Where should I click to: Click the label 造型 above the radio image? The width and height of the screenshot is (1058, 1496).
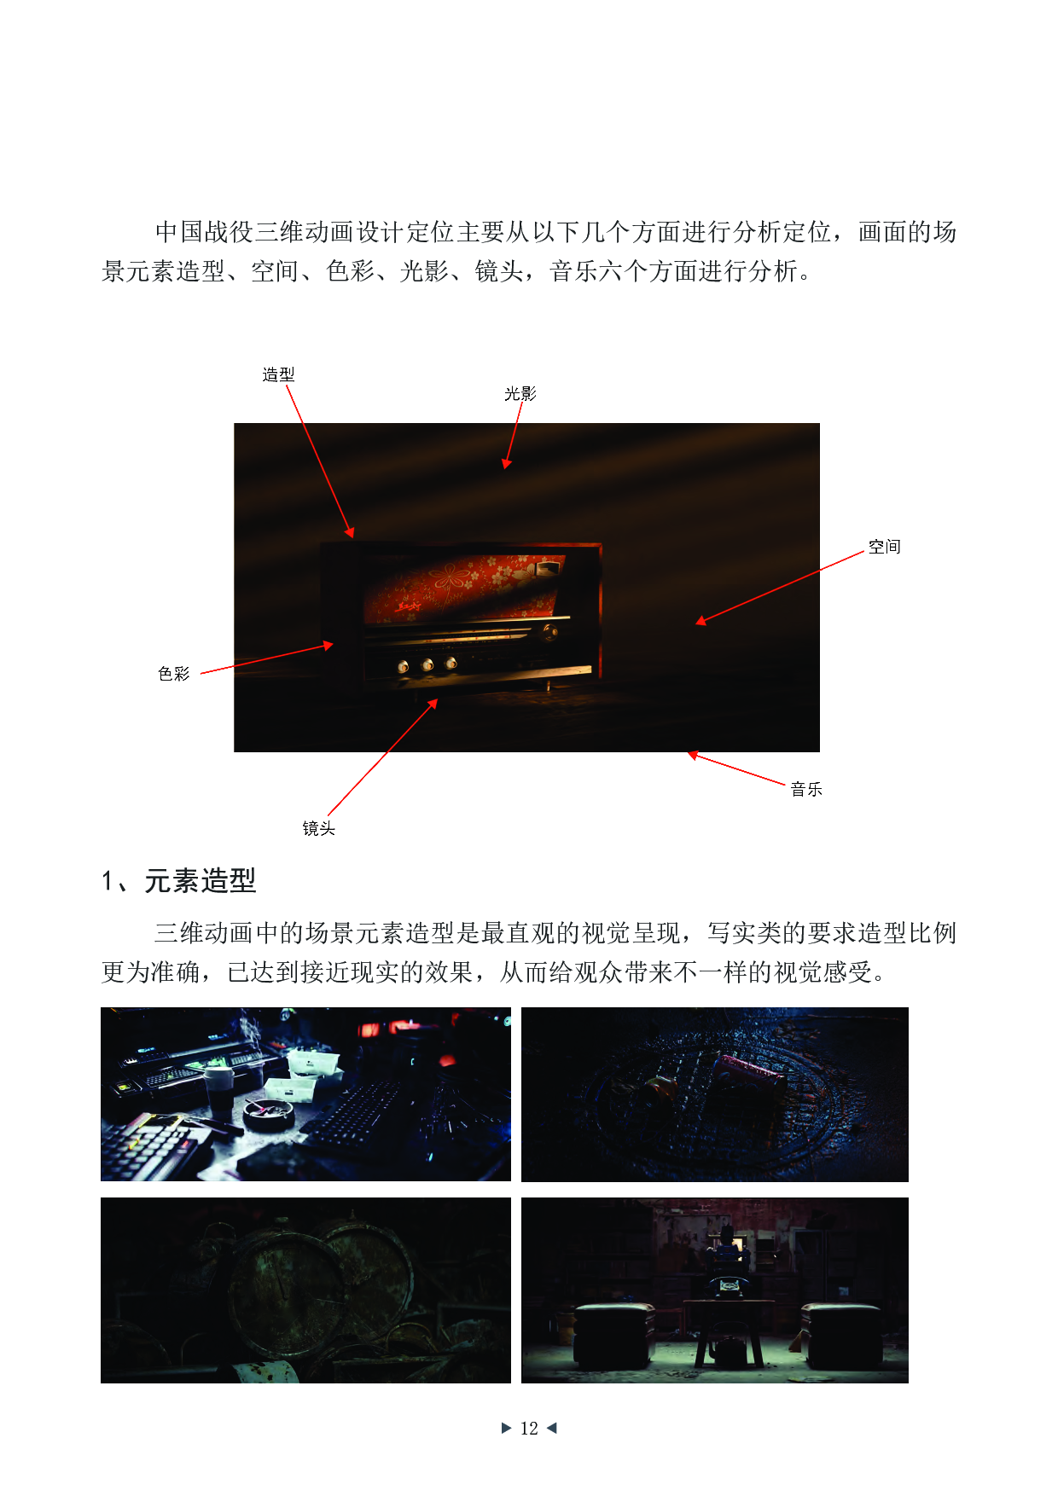(x=278, y=374)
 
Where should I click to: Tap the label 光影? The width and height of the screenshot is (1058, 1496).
(x=520, y=394)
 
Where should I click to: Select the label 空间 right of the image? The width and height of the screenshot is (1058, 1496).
(x=884, y=547)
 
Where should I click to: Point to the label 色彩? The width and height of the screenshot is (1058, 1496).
(x=174, y=674)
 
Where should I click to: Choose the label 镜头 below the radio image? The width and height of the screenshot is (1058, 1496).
(x=318, y=828)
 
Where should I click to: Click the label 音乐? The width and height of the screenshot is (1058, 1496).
(x=805, y=790)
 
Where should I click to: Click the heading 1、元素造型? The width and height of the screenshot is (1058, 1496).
(x=179, y=880)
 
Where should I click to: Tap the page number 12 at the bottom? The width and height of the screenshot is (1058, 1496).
(x=529, y=1428)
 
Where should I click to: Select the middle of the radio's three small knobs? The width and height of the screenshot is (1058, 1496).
(x=427, y=664)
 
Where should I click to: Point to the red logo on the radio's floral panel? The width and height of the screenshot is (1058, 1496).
(x=409, y=606)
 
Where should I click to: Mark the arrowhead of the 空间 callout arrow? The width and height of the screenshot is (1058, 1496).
(x=700, y=622)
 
